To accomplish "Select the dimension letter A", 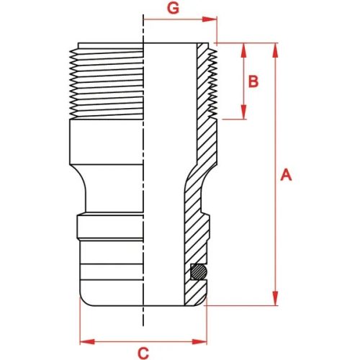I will pyautogui.click(x=286, y=174).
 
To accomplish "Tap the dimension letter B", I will pyautogui.click(x=253, y=81).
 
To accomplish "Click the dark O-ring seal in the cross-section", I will pyautogui.click(x=197, y=272).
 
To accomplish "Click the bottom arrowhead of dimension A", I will pyautogui.click(x=275, y=301).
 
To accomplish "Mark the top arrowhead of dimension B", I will pyautogui.click(x=243, y=48).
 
